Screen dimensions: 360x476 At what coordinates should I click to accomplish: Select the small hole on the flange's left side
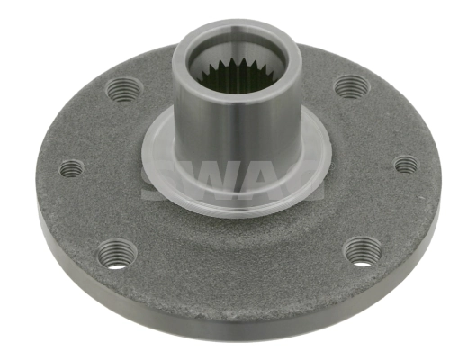pos(71,168)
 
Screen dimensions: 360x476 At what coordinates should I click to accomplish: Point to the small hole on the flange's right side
pos(406,165)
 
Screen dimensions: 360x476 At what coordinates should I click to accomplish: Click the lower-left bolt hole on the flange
pos(118,253)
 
